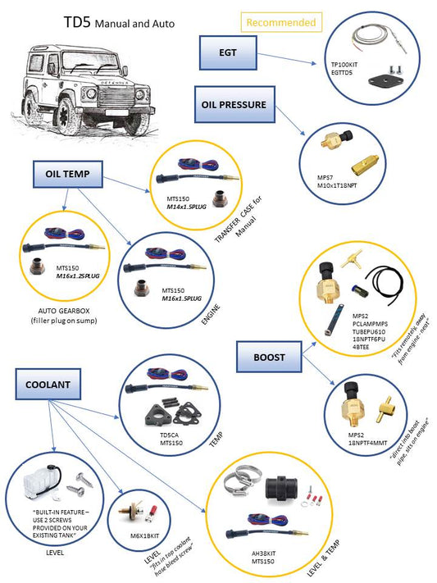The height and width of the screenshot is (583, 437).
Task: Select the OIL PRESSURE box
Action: [x=234, y=104]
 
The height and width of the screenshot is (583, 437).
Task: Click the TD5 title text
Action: [x=77, y=23]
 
